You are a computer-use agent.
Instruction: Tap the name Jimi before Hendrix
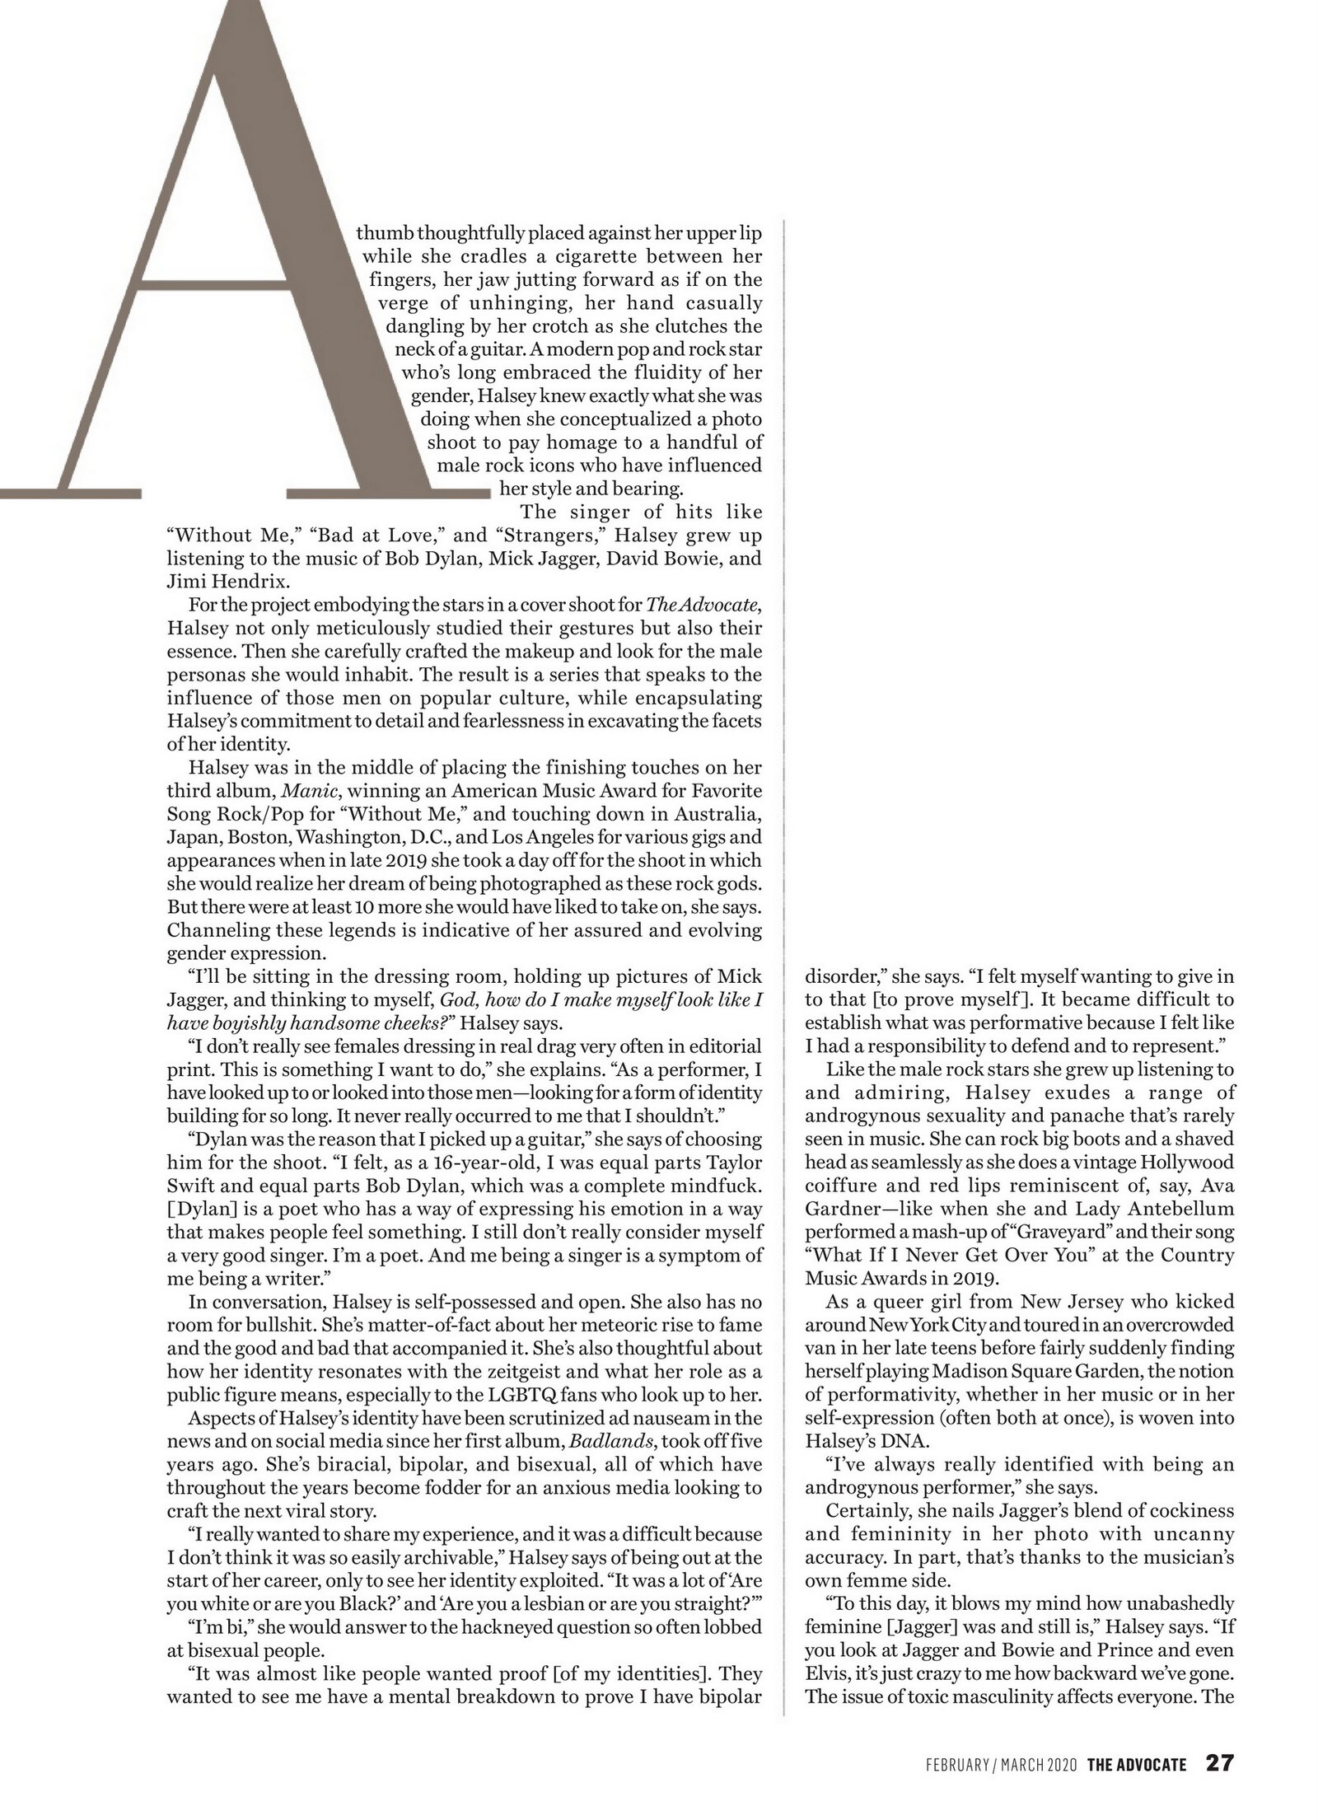tap(188, 581)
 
